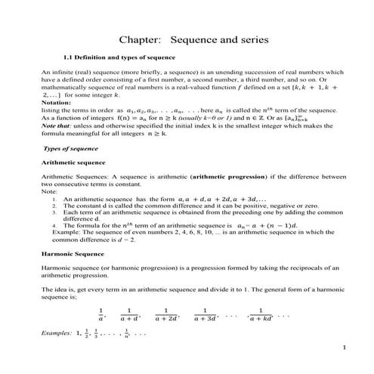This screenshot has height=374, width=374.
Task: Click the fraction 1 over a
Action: (x=100, y=314)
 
